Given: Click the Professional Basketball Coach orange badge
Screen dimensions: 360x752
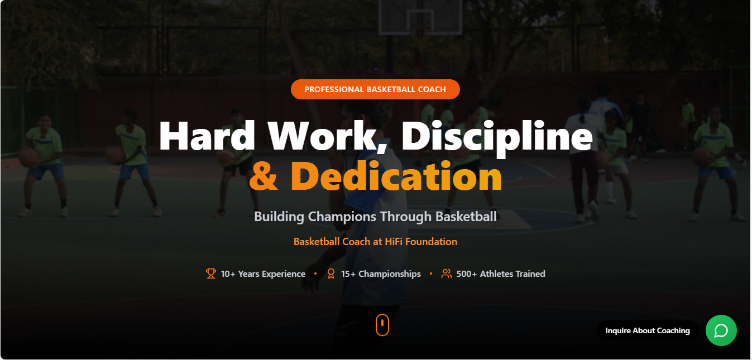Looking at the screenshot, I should point(375,89).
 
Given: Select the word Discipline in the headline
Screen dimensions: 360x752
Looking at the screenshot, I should point(496,136).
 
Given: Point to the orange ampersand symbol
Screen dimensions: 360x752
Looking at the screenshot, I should point(264,176).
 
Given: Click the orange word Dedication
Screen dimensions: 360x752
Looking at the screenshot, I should point(396,176).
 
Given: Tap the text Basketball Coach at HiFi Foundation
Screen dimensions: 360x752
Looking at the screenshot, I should point(375,242).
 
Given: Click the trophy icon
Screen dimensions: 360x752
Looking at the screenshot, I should point(210,273).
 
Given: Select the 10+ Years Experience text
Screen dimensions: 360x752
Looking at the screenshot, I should point(263,274).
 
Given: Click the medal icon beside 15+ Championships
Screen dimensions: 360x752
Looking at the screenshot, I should point(331,273).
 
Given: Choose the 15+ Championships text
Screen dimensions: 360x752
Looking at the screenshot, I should point(381,274).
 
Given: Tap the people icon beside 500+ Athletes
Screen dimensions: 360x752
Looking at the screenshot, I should point(446,273).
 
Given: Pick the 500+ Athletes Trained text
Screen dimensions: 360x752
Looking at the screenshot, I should point(501,274).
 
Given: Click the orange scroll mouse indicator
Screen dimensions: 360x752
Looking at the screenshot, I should point(382,324).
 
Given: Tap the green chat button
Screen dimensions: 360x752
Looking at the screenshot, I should point(721,330).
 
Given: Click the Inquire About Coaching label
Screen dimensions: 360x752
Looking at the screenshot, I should point(648,330).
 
